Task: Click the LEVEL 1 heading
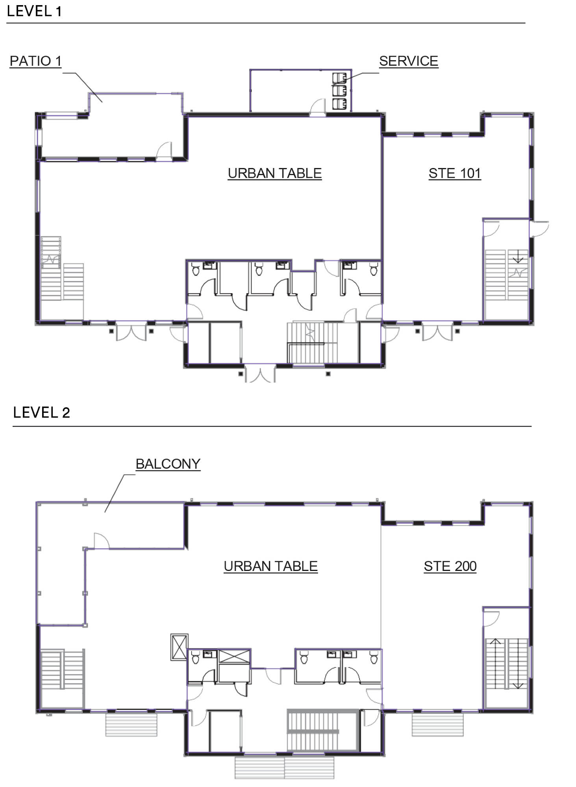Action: tap(34, 11)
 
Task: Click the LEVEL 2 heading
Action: tap(41, 412)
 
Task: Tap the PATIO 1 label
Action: tap(35, 61)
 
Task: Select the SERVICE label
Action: tap(409, 61)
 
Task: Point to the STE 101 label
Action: tap(455, 173)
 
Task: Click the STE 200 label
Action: tap(450, 566)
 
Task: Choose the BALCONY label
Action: tap(168, 464)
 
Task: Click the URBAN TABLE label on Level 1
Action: tap(275, 173)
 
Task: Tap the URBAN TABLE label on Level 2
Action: tap(270, 566)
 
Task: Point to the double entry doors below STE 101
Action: tap(437, 331)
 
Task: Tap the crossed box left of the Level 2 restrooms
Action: tap(179, 647)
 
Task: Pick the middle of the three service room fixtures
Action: tap(339, 91)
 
